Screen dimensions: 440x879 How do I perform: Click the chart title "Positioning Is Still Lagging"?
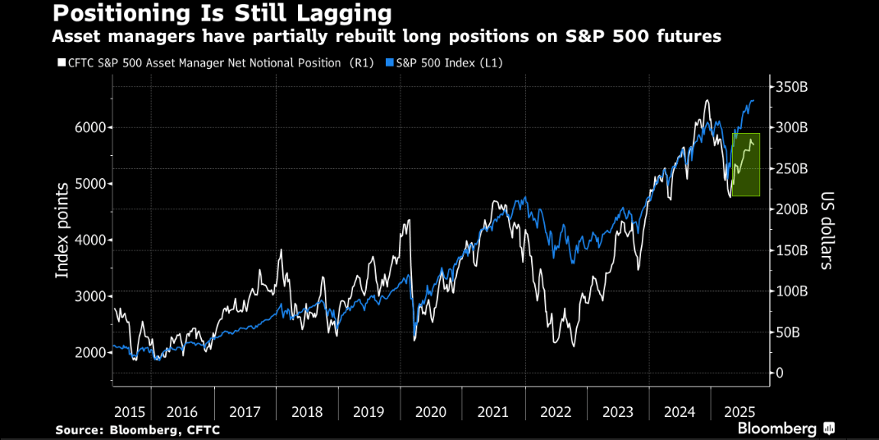coord(222,14)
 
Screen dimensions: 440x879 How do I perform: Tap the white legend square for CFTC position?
coord(60,62)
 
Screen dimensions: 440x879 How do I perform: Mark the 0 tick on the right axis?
coord(780,374)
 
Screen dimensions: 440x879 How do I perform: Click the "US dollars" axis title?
coord(826,231)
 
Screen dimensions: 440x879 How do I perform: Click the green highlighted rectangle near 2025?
coord(746,164)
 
